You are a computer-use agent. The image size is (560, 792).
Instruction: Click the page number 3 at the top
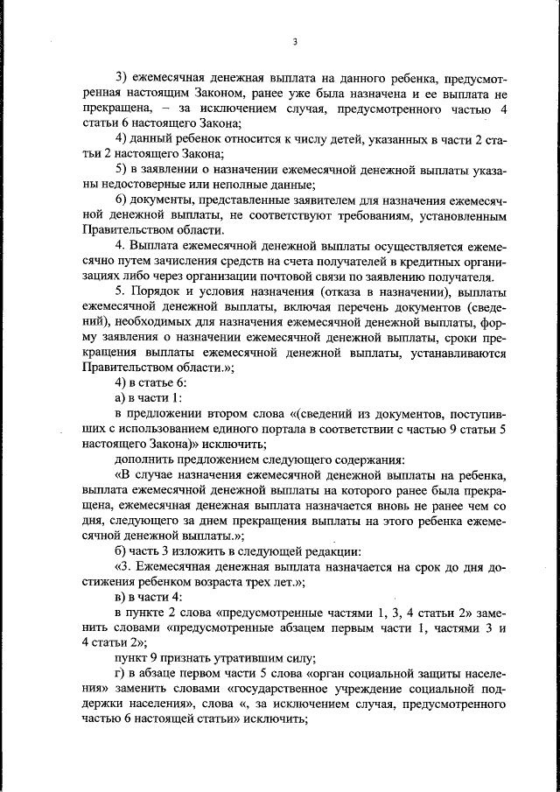click(x=295, y=41)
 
